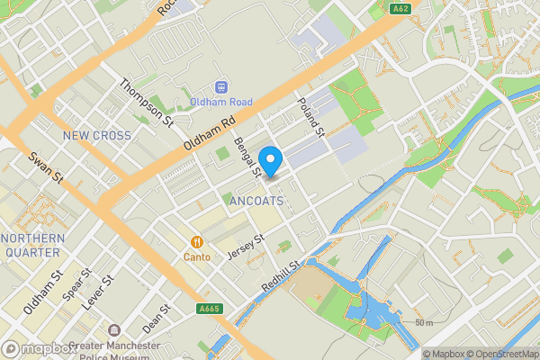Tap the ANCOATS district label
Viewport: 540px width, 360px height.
tap(258, 200)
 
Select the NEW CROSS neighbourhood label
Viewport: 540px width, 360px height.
tap(97, 136)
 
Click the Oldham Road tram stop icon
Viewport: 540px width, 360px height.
tap(220, 88)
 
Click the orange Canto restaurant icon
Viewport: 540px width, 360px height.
tap(196, 241)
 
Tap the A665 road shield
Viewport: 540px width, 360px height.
tap(210, 309)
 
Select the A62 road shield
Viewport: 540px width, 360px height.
tap(400, 9)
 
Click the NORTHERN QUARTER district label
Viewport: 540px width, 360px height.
tap(32, 246)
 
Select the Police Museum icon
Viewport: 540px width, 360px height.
tap(113, 332)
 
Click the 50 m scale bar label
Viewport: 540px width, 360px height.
tap(424, 322)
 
